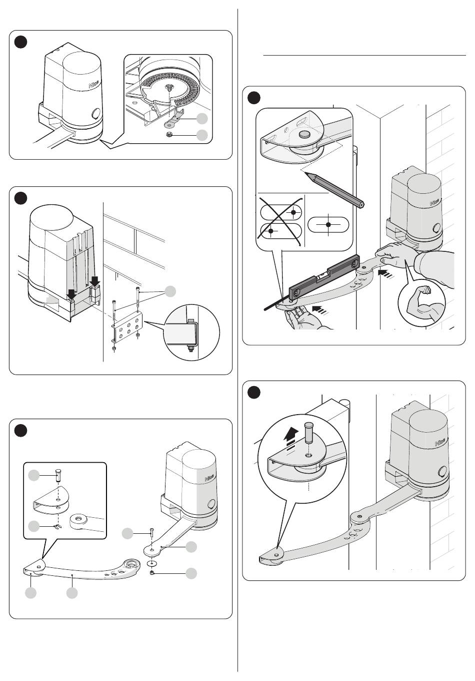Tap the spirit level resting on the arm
coord(324,276)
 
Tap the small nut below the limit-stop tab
coord(170,134)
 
